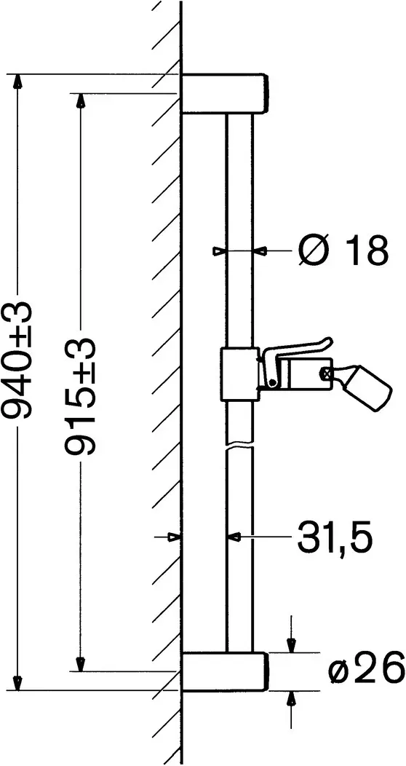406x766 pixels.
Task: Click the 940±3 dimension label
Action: [x=17, y=360]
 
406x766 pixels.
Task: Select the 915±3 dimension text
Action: [x=81, y=397]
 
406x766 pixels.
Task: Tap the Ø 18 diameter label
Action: [x=343, y=250]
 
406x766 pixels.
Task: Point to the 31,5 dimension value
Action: [x=334, y=537]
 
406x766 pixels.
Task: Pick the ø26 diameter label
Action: [x=367, y=670]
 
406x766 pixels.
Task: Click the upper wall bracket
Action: [x=225, y=93]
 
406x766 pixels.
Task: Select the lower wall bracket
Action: [x=225, y=671]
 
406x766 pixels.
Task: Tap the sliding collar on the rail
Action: [x=239, y=374]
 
